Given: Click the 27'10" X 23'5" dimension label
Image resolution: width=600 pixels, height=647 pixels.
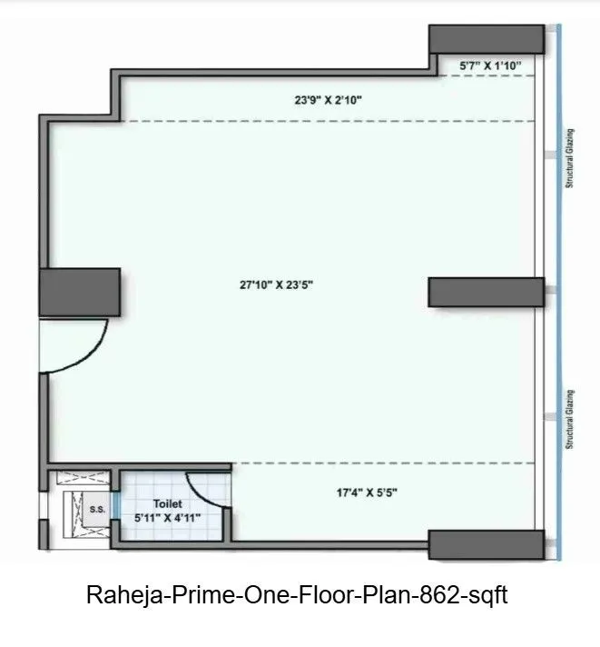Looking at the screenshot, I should [282, 284].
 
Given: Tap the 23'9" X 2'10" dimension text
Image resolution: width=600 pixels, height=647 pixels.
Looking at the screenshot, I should [329, 101].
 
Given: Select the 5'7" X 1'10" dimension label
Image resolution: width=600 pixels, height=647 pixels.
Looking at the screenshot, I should [490, 65].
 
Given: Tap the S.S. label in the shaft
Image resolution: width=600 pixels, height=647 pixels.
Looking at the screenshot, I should [97, 510].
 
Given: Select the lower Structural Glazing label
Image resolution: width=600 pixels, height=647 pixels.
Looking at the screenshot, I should [571, 419].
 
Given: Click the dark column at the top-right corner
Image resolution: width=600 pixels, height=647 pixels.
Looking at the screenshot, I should [486, 39].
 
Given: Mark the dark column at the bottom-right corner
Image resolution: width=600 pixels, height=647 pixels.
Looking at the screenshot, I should [486, 545].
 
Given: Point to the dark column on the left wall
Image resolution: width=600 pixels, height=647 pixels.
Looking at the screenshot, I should [80, 292].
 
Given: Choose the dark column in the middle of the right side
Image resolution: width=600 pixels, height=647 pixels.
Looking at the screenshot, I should [486, 292].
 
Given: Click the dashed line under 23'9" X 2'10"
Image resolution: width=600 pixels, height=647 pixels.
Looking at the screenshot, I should [327, 121].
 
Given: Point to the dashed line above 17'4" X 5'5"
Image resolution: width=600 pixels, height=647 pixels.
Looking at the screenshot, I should [381, 463].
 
